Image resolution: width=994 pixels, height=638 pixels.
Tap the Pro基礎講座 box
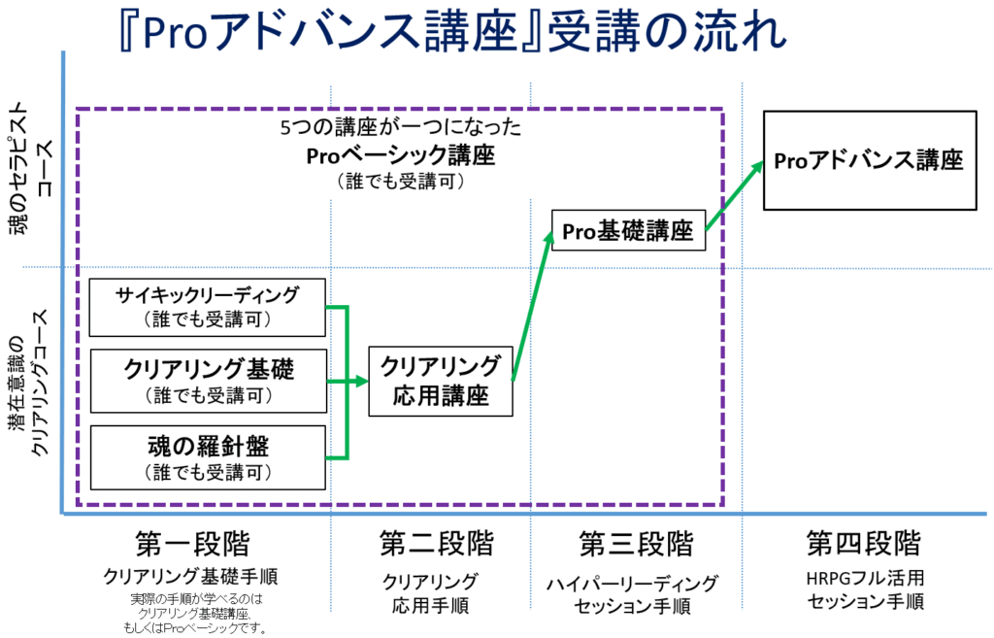pos(627,231)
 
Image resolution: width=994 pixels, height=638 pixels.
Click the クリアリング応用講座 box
pos(440,381)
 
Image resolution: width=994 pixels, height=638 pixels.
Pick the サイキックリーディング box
pos(206,306)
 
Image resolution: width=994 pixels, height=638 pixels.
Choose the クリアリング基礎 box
pos(208,380)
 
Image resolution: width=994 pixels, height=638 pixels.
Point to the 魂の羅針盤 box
pos(207,457)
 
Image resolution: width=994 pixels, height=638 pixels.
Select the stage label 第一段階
pos(193,543)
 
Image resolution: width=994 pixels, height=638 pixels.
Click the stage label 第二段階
pos(430,543)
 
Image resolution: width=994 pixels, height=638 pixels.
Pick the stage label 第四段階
pos(863,543)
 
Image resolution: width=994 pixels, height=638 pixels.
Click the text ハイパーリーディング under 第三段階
pos(634,583)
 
